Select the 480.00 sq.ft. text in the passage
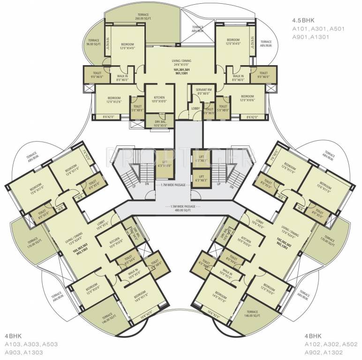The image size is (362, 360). pyautogui.click(x=181, y=210)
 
